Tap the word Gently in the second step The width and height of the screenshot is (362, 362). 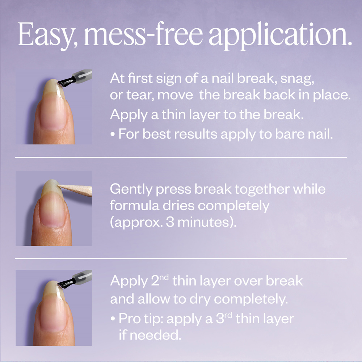(x=132, y=189)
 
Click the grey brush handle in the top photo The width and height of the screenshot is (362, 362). (x=81, y=76)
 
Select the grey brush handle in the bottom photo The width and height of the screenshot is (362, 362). (x=81, y=277)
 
